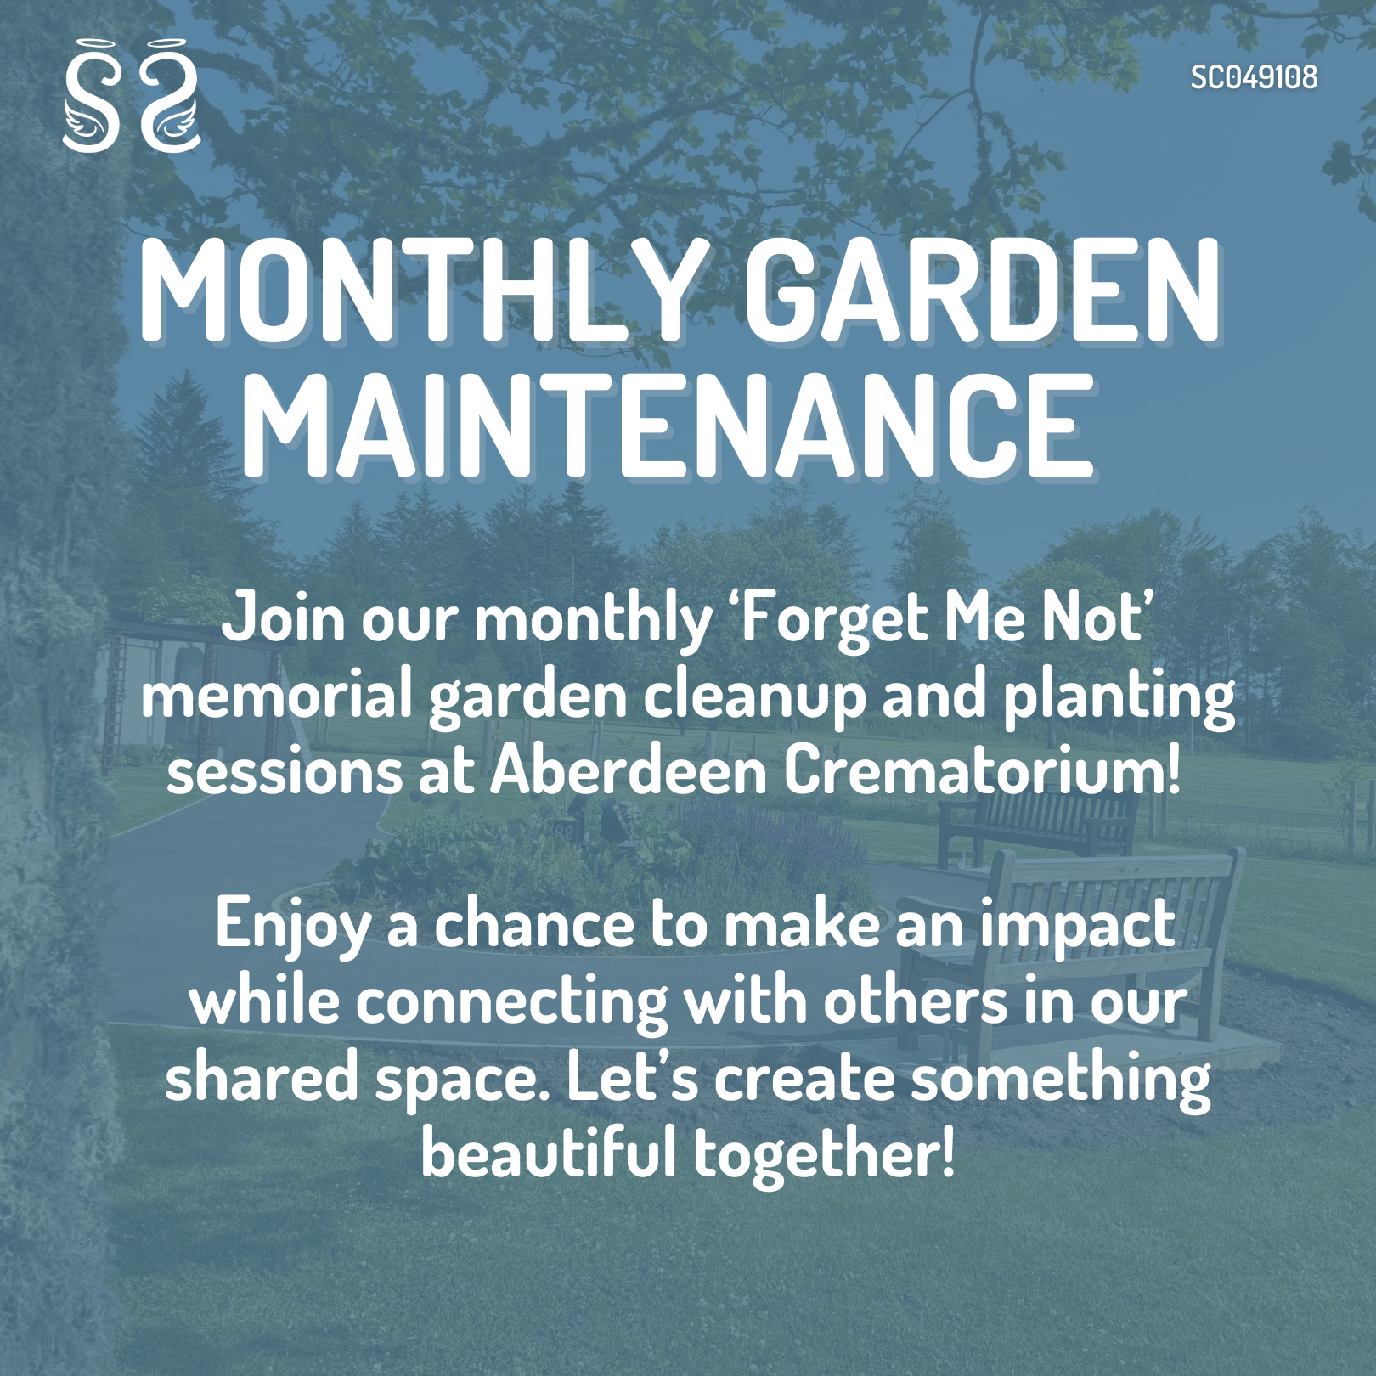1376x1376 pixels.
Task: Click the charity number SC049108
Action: click(1253, 77)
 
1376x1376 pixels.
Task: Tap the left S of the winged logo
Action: click(91, 98)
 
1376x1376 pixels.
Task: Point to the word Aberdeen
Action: click(629, 771)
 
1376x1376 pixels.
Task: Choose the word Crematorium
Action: click(981, 771)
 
